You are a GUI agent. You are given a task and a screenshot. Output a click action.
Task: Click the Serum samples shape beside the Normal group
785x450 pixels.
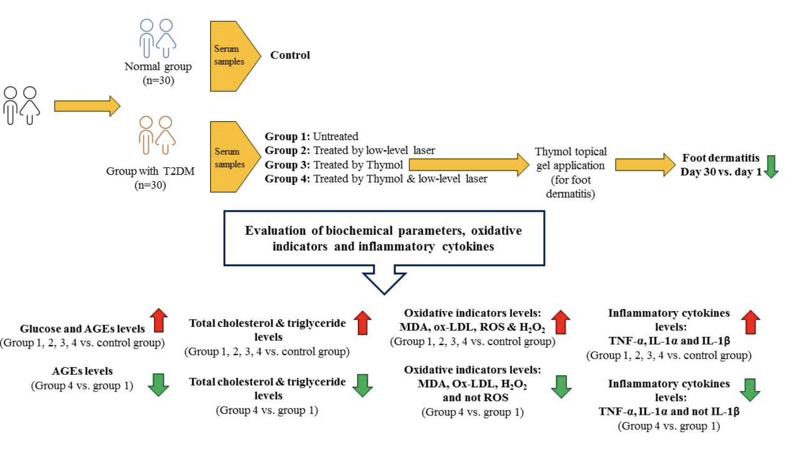pyautogui.click(x=232, y=55)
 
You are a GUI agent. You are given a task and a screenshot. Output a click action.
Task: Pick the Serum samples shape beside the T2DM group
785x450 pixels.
pyautogui.click(x=232, y=157)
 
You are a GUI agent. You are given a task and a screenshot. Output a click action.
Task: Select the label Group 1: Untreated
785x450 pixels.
pyautogui.click(x=312, y=137)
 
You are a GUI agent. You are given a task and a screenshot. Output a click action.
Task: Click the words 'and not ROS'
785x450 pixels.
pyautogui.click(x=472, y=397)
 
